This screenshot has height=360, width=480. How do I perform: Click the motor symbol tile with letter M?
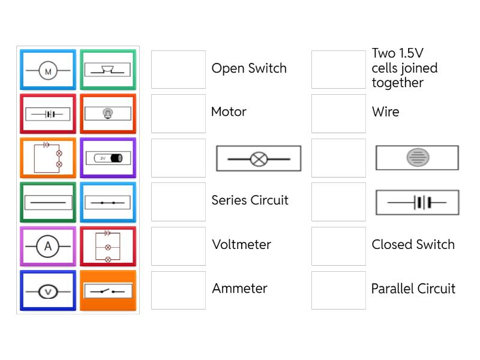point(48,70)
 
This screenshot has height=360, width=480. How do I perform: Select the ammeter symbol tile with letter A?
point(48,246)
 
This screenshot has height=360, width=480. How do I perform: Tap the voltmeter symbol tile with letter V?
point(48,290)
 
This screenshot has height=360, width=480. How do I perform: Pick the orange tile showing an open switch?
point(108,290)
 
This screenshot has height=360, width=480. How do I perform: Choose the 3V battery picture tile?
point(108,158)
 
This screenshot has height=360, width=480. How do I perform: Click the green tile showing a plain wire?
point(48,202)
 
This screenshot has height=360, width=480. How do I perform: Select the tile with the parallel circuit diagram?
point(108,246)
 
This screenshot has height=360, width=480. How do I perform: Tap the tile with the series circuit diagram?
point(48,158)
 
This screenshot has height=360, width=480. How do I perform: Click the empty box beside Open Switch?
point(178,70)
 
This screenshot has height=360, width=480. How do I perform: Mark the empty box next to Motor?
point(178,113)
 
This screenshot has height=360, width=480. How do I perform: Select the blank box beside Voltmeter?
point(178,246)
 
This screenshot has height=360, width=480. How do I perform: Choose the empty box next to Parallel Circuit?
point(338,290)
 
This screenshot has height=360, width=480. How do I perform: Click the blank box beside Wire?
point(338,113)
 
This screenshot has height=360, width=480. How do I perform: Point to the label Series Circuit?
point(250,200)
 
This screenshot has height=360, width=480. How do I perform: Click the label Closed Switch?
point(413,245)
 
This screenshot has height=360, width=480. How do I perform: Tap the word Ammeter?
point(239,289)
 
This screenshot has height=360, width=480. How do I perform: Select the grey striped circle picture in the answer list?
point(417,158)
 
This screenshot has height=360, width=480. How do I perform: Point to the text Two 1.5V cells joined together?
point(404,68)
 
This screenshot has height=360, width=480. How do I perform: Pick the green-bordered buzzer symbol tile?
point(108,70)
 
